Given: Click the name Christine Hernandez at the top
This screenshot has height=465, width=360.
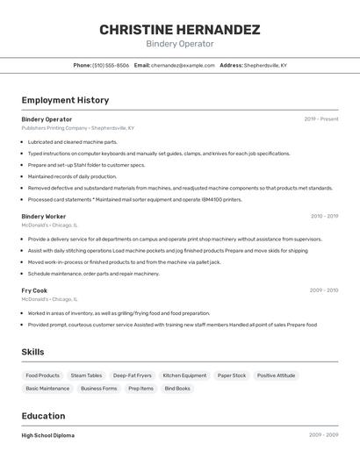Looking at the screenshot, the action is click(x=179, y=30).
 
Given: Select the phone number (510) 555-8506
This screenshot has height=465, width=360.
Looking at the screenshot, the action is click(x=111, y=65).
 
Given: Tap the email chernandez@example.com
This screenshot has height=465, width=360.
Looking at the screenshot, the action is click(x=183, y=65).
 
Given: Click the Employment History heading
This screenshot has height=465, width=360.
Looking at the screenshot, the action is click(x=65, y=100).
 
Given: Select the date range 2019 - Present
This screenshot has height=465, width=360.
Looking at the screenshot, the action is click(x=320, y=118).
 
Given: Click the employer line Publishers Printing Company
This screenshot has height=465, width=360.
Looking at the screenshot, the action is click(x=78, y=128).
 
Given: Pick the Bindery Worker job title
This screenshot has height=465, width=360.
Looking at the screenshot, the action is click(x=44, y=216).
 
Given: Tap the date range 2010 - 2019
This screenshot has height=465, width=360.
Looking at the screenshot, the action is click(x=323, y=216).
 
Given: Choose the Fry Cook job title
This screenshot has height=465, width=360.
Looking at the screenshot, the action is click(x=34, y=290).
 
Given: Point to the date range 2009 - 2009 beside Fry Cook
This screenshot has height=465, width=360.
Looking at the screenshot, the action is click(x=323, y=290).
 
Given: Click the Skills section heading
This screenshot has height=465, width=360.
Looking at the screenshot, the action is click(x=33, y=352).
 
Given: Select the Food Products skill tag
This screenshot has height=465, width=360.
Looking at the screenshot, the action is click(x=42, y=376).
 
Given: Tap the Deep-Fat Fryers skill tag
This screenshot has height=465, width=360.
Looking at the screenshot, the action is click(x=133, y=376).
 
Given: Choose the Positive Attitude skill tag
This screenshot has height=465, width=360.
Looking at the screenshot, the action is click(x=276, y=376).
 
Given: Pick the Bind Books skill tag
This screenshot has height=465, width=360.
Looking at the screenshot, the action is click(x=177, y=388).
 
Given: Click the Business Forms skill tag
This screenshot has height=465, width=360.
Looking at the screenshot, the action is click(x=98, y=388).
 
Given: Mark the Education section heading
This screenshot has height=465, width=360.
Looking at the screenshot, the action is click(x=43, y=416).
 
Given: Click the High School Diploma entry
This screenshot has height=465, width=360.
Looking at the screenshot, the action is click(x=48, y=435).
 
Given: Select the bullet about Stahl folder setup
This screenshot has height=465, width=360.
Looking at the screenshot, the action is click(x=86, y=164).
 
